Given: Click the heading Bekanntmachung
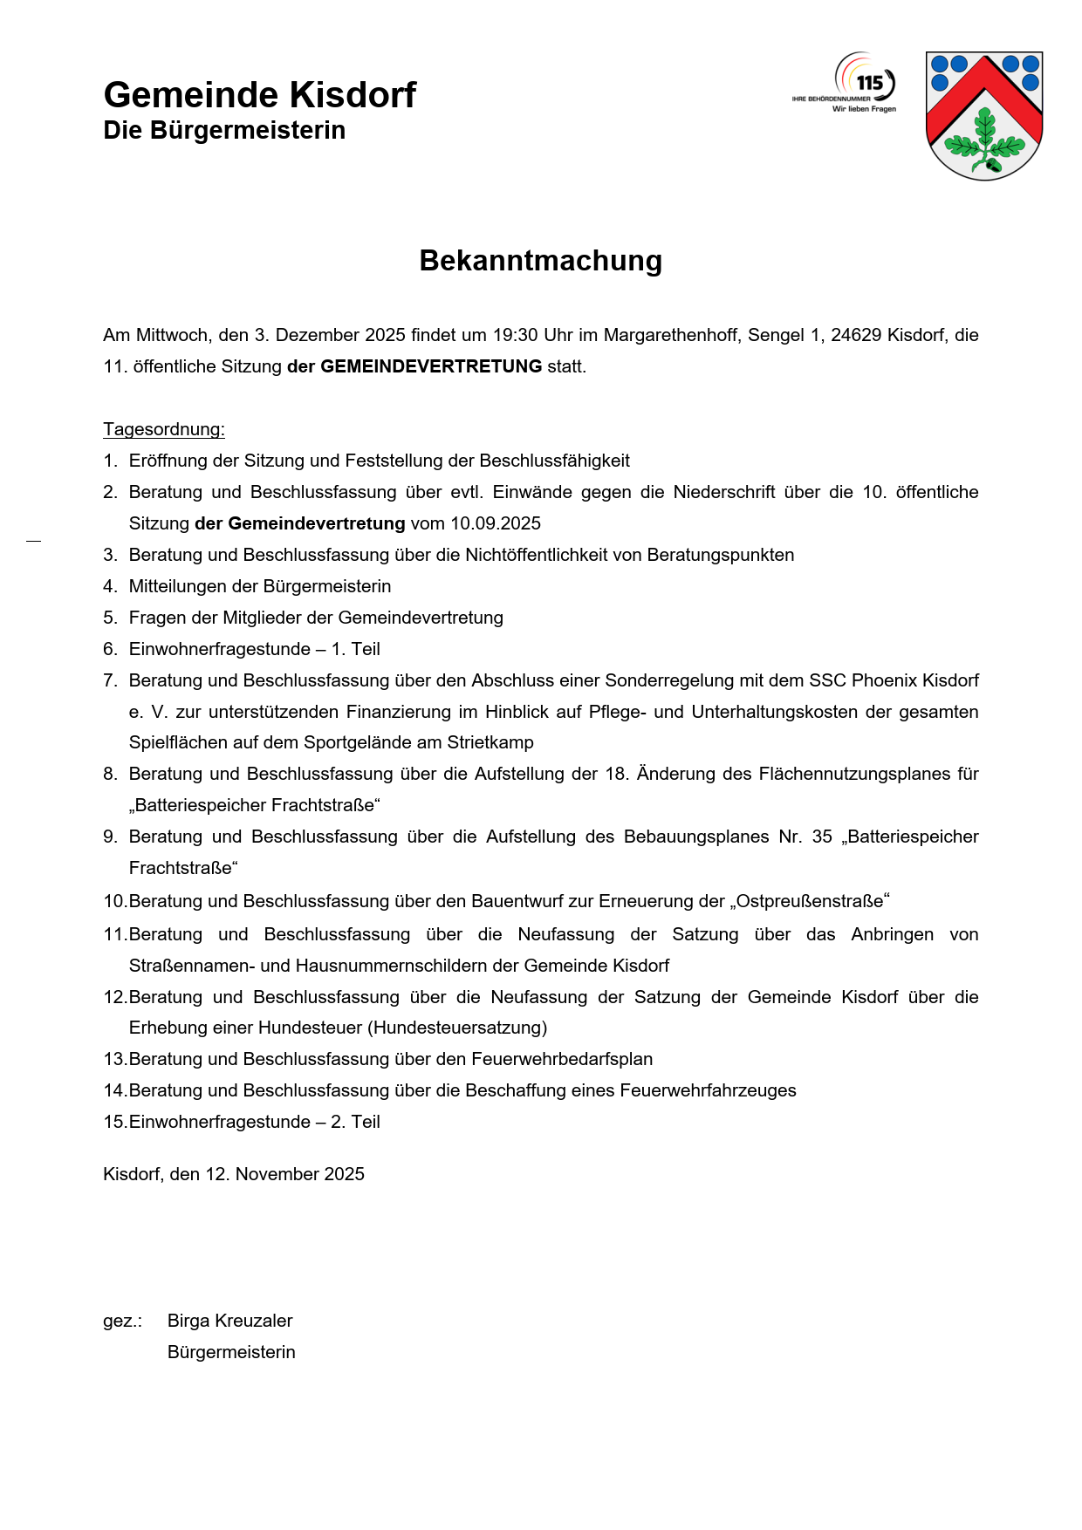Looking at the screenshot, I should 540,261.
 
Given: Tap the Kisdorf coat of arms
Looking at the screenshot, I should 984,115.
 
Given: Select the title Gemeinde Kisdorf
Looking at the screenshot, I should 259,94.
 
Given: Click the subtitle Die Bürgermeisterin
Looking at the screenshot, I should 224,131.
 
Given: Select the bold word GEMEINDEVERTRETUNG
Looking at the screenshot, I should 431,366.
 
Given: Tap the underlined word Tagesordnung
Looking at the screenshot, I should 163,429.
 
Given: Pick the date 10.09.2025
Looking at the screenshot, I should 496,523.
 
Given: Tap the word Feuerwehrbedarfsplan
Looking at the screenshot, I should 562,1059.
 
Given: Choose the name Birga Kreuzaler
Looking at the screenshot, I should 229,1321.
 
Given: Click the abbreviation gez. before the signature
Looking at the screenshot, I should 121,1322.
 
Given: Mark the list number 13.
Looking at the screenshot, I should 114,1059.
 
